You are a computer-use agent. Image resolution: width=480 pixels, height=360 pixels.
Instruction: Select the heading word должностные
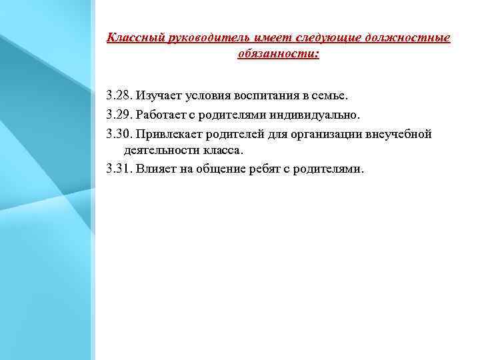[413, 38]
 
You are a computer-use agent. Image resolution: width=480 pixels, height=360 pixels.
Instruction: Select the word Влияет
[156, 169]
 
